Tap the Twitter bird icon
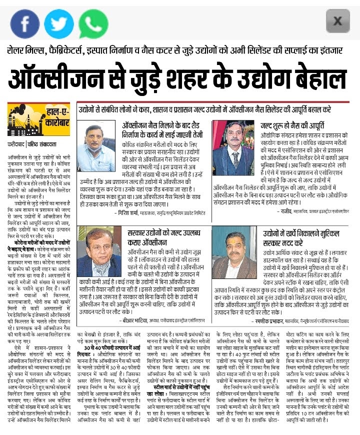pos(59,22)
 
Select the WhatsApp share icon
pos(93,22)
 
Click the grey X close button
pos(337,21)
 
